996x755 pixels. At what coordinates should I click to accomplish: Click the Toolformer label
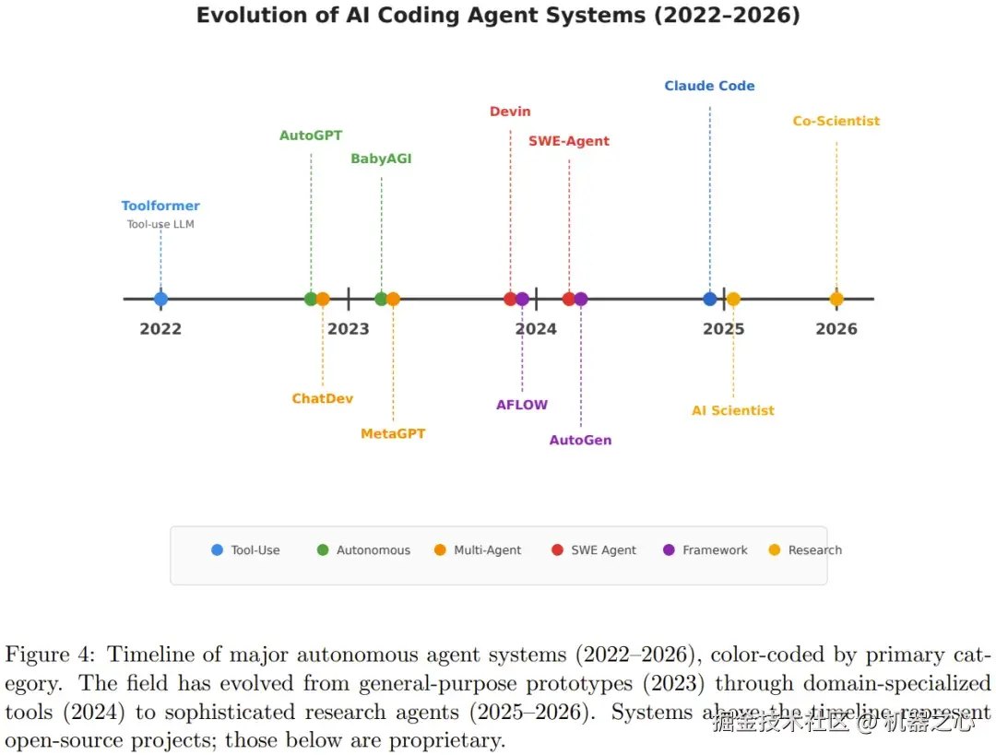(160, 206)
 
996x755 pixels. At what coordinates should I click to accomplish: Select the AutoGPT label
(311, 136)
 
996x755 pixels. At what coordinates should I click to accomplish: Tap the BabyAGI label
(381, 159)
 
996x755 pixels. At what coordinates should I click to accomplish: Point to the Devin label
(510, 112)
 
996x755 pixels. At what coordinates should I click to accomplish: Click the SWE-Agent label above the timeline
(569, 141)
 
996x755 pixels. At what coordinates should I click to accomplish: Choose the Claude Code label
(709, 86)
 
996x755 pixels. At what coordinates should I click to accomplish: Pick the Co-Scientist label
(836, 121)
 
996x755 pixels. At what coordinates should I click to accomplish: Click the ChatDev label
(322, 398)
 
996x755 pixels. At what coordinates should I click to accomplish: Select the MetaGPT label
(393, 433)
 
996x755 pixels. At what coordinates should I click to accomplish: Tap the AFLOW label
(521, 405)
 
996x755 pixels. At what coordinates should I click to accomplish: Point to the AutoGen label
(581, 440)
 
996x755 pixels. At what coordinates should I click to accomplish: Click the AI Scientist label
(733, 411)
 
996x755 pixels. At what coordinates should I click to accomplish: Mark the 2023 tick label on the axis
(348, 329)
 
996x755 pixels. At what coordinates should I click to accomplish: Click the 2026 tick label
(836, 329)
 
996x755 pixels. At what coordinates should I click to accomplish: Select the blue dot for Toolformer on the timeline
(160, 299)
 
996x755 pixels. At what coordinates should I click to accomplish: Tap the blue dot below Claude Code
(710, 299)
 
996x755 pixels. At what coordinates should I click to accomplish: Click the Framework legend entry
(705, 550)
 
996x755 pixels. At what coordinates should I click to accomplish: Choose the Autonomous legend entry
(364, 550)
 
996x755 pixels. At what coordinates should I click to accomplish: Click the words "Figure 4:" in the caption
(50, 655)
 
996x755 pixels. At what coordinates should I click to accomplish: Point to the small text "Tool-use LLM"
(160, 224)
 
